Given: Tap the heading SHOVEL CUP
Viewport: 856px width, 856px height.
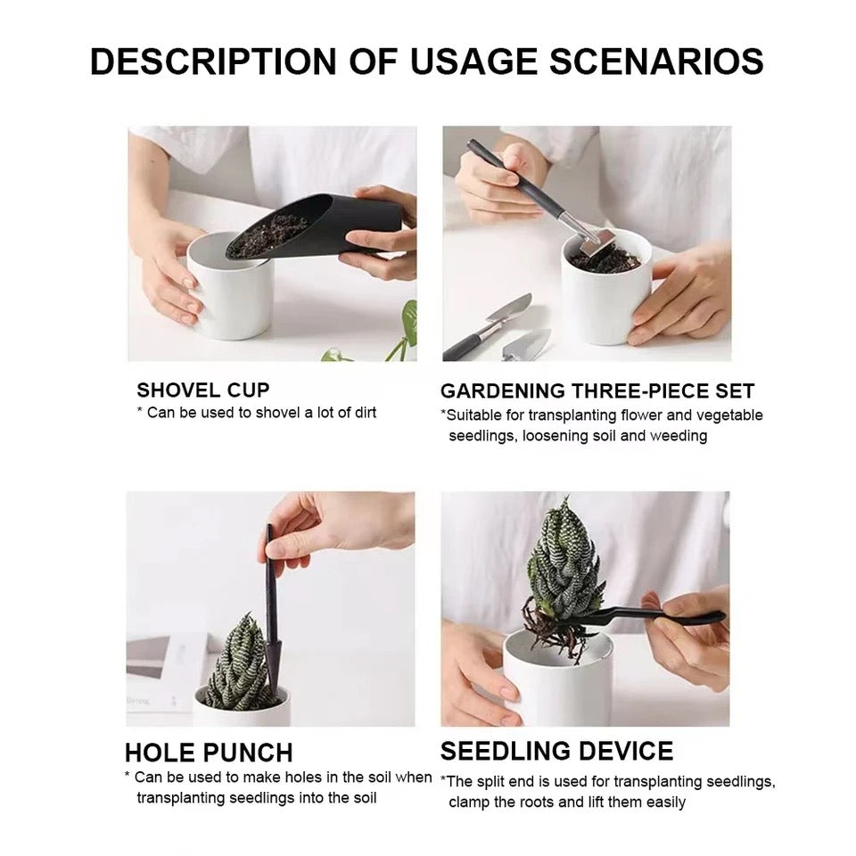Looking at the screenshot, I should click(x=202, y=390).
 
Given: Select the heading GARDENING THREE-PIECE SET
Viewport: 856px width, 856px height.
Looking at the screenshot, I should click(x=597, y=391).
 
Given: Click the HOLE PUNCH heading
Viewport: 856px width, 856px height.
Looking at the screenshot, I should click(x=209, y=752).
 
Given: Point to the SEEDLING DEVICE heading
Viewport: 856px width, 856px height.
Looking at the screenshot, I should click(x=556, y=750).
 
